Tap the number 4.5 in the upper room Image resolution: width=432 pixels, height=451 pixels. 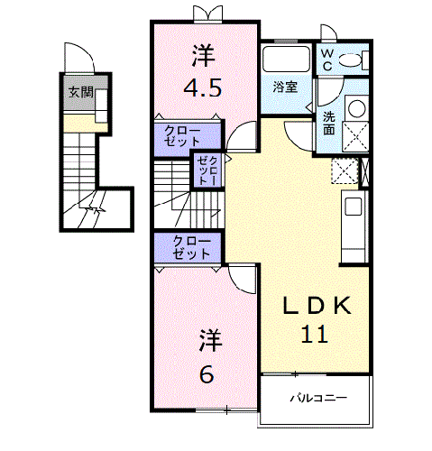click(204, 88)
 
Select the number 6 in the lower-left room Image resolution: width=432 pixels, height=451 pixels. click(207, 372)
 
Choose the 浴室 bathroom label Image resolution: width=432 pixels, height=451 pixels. click(287, 87)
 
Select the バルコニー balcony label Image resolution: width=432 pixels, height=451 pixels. click(317, 398)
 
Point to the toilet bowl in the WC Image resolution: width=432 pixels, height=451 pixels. click(353, 60)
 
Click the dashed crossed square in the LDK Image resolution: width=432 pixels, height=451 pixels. click(344, 171)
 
